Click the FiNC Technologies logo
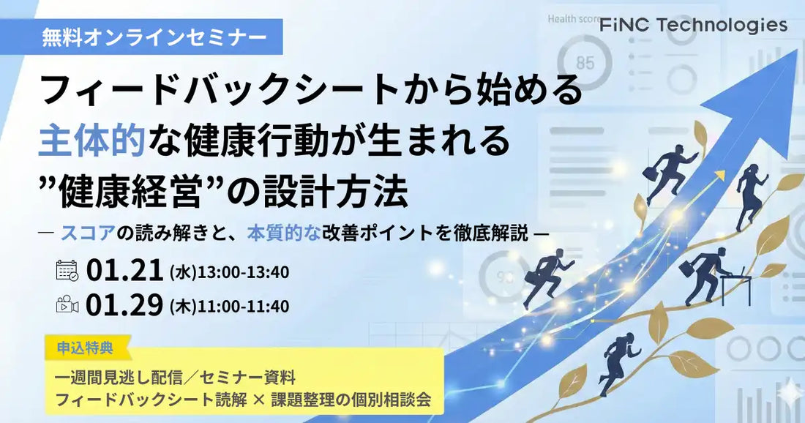(693, 26)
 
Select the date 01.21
(124, 272)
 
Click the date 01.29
(124, 305)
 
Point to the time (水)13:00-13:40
(228, 272)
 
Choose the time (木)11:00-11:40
(228, 306)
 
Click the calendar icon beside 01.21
(67, 271)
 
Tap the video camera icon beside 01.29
(67, 305)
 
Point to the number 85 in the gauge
(585, 63)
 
